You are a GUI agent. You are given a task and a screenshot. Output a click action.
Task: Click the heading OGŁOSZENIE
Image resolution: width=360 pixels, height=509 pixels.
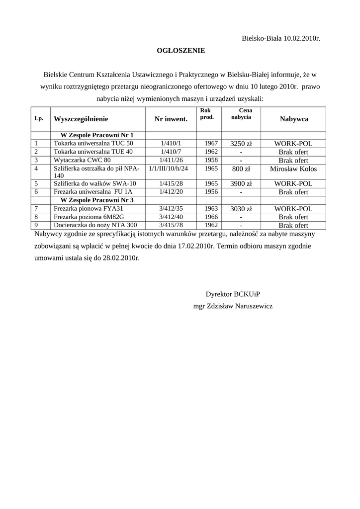pos(180,50)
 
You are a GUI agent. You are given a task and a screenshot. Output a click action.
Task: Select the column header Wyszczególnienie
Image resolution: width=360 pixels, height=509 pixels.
pos(81,119)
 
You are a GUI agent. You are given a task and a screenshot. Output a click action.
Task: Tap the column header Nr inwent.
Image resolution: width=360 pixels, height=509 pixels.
pos(171,119)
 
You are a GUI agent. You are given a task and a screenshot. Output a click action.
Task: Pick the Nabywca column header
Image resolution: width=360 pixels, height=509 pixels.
pos(293,119)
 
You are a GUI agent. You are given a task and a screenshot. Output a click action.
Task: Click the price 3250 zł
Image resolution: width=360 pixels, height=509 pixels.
pos(241,144)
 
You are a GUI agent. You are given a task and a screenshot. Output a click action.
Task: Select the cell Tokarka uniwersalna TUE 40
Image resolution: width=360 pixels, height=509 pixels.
pos(93,152)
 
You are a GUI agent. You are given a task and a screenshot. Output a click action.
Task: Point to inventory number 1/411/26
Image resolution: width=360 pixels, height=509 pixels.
pos(171,160)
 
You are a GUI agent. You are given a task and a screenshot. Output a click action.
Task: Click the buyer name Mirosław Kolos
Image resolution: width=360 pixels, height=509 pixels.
pos(293,169)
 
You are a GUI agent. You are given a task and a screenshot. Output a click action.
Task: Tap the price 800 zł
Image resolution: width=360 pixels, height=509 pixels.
pos(241,169)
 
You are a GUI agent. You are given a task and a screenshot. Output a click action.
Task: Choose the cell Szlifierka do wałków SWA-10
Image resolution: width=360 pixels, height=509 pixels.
pos(94,183)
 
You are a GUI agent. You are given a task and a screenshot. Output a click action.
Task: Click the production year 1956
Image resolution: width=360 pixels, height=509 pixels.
pos(211,191)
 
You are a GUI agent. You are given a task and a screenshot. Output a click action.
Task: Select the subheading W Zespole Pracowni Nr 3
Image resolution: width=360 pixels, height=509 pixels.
pos(96,200)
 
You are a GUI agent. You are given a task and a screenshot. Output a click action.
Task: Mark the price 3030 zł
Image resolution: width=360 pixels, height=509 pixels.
pos(241,209)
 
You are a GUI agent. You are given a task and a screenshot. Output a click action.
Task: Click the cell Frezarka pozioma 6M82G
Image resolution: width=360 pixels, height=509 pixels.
pos(89,217)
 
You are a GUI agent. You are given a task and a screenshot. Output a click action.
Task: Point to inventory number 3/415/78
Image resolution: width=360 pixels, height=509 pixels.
pos(171,225)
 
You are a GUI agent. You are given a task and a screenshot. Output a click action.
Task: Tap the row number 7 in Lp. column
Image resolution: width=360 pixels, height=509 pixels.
pos(36,209)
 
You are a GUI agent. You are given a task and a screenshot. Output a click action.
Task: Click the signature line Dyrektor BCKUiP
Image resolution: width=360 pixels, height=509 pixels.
pos(233,294)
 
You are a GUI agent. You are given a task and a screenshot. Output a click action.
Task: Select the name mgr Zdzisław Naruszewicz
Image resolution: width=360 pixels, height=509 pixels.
pos(233,306)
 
